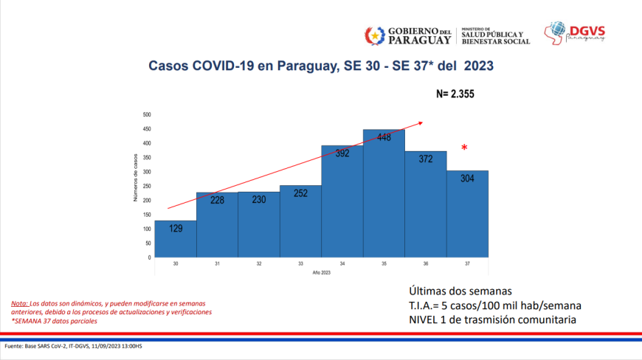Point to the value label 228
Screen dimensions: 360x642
click(x=217, y=201)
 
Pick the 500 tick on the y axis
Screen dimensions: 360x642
click(x=146, y=115)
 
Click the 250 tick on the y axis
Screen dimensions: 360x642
click(x=146, y=187)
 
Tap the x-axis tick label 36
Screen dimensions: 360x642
click(x=425, y=263)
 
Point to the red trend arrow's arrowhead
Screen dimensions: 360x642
click(x=421, y=123)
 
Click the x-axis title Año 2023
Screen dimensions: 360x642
click(x=321, y=273)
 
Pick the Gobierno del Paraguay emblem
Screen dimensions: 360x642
click(x=375, y=35)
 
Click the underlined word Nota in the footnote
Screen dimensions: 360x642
click(x=19, y=303)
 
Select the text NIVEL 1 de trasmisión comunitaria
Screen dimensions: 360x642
click(x=491, y=319)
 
